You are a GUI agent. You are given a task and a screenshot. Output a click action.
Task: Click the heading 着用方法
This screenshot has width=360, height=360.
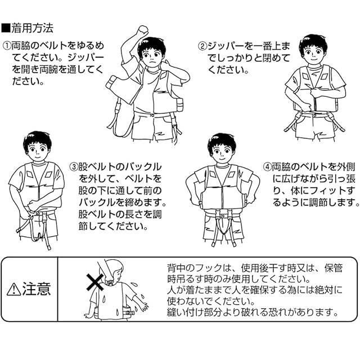point(33,27)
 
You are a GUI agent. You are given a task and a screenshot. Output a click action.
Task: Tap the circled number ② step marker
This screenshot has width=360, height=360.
point(202,46)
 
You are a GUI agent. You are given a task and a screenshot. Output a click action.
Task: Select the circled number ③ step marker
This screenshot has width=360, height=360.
point(74,167)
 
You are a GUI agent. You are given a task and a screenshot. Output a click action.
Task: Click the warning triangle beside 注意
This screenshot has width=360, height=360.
point(13,290)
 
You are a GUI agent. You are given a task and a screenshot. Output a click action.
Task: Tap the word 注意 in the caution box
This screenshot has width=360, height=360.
point(38,289)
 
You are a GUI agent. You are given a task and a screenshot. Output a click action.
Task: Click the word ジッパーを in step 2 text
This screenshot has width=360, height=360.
point(230,46)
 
